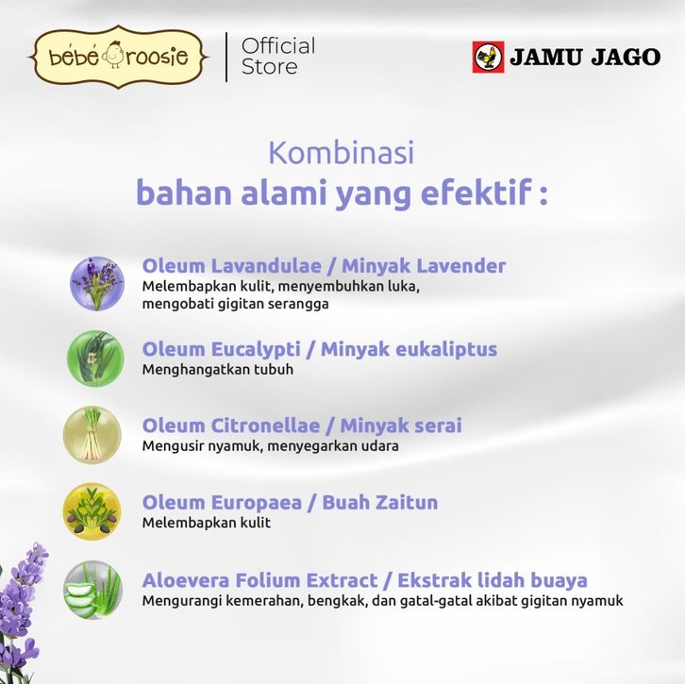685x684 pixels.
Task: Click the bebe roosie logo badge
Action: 118,57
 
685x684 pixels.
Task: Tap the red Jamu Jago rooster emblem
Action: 488,57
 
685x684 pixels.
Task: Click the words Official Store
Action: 278,57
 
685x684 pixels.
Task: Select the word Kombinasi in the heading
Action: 342,153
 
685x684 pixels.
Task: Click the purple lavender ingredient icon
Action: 97,283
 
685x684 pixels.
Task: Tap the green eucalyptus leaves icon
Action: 95,359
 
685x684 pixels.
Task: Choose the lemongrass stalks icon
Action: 92,435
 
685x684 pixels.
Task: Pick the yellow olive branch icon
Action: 92,511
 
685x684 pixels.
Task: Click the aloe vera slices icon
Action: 92,590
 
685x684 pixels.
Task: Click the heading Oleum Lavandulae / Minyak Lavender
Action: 324,266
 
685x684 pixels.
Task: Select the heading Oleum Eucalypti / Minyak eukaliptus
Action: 319,349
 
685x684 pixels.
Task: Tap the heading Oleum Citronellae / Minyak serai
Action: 302,425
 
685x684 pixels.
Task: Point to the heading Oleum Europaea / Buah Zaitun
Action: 290,502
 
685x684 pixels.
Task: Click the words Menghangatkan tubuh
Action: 218,370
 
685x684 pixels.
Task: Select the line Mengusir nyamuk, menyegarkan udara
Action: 271,446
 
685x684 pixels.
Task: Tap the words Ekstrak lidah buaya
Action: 493,580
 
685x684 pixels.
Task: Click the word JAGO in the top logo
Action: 626,58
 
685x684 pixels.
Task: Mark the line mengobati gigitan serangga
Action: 235,304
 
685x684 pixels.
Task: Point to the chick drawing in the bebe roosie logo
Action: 114,56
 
